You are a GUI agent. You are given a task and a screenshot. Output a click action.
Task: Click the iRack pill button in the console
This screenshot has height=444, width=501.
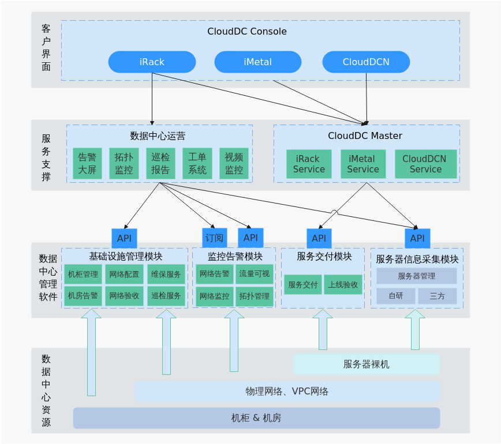tap(152, 62)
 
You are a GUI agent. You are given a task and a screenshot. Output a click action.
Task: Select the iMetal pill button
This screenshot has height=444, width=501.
tap(257, 62)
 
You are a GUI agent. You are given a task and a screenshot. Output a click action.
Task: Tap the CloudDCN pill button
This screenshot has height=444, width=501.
tap(366, 62)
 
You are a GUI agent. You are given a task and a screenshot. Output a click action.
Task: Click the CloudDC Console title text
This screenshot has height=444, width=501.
tap(247, 31)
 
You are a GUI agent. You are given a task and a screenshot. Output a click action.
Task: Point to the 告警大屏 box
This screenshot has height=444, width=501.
tap(87, 164)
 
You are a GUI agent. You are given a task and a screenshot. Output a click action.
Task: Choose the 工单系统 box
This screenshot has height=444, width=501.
tap(197, 164)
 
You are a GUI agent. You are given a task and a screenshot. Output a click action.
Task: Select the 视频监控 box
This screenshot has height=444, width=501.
tap(234, 164)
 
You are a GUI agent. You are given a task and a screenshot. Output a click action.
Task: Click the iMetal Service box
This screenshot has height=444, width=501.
tap(363, 164)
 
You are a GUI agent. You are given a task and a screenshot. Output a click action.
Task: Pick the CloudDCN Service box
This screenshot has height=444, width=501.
tap(425, 164)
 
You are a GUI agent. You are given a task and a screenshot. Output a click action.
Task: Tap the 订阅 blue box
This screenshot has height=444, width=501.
tap(215, 238)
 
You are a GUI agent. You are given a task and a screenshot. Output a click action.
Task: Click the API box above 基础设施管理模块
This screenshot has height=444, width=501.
tap(124, 238)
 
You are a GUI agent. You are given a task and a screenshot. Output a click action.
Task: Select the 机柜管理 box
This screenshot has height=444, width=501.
tap(83, 274)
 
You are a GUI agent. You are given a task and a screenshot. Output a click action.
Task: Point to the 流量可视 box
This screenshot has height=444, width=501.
tap(255, 274)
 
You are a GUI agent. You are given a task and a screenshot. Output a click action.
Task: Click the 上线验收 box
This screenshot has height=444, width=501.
tap(343, 285)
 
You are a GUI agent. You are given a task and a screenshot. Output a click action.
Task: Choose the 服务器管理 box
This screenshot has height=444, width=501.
tap(417, 276)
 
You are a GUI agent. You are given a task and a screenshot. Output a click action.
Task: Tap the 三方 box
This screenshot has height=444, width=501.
tap(438, 296)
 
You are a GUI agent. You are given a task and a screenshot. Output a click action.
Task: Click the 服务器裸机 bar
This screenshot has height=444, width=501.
tap(366, 364)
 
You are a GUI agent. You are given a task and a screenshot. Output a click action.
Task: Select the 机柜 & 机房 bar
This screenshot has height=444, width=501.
tap(256, 418)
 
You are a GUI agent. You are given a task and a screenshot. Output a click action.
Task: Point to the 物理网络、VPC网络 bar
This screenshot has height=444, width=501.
tap(287, 392)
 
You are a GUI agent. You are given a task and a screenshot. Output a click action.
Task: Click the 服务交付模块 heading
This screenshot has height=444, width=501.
tap(324, 257)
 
